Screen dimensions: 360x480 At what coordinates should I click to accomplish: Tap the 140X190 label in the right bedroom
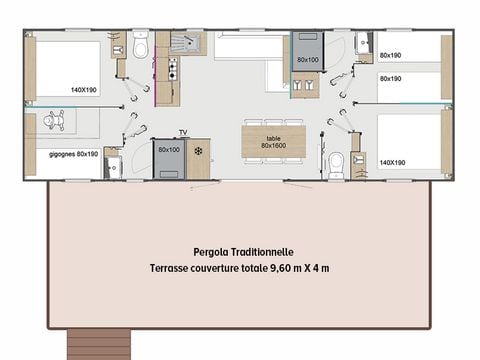392,162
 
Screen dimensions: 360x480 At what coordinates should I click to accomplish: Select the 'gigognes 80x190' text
73,154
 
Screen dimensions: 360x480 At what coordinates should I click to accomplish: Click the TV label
183,132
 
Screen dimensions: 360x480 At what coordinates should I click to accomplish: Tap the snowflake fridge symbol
198,151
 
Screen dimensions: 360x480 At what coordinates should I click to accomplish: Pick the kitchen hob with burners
171,71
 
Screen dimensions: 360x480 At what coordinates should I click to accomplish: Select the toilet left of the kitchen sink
140,45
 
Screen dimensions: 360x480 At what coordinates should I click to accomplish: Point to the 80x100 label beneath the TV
168,150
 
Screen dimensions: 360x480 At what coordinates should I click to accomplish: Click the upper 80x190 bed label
391,56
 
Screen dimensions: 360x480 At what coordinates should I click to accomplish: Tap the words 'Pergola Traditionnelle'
244,253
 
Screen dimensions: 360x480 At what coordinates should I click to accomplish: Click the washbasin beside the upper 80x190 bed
360,45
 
